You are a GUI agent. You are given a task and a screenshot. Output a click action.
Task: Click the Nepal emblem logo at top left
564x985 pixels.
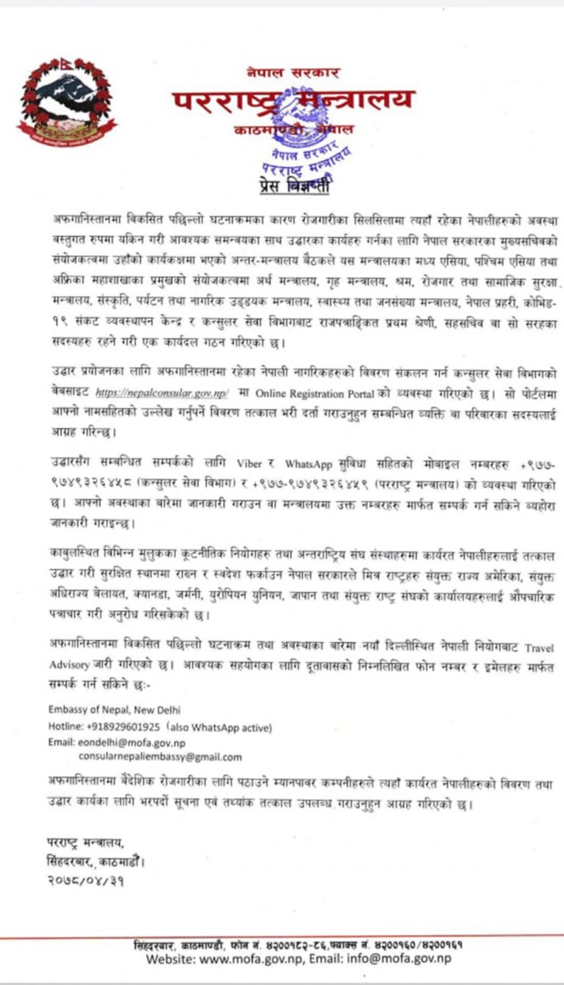(67, 102)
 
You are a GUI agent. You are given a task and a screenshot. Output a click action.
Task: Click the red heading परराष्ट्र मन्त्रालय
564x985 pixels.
(294, 102)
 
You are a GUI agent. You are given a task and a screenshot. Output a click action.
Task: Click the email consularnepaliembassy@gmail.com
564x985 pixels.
(160, 757)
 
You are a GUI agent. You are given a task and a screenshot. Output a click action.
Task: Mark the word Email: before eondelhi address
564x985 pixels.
(60, 742)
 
